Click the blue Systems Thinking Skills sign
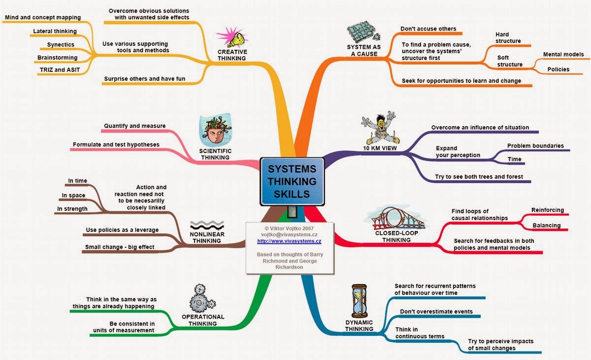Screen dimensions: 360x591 pyautogui.click(x=292, y=181)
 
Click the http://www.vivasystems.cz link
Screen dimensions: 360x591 pyautogui.click(x=289, y=241)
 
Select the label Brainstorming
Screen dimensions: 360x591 pyautogui.click(x=58, y=57)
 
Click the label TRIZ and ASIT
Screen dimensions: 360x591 pyautogui.click(x=58, y=69)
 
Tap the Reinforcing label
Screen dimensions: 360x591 pyautogui.click(x=548, y=210)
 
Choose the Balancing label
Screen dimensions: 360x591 pyautogui.click(x=546, y=226)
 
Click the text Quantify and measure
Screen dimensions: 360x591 pyautogui.click(x=134, y=126)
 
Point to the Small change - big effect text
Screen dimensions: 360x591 pyautogui.click(x=120, y=247)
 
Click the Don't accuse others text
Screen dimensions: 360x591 pyautogui.click(x=428, y=29)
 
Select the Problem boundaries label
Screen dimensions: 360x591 pyautogui.click(x=535, y=146)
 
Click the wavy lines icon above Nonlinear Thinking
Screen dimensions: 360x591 pyautogui.click(x=207, y=225)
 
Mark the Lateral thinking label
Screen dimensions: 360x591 pyautogui.click(x=55, y=32)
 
